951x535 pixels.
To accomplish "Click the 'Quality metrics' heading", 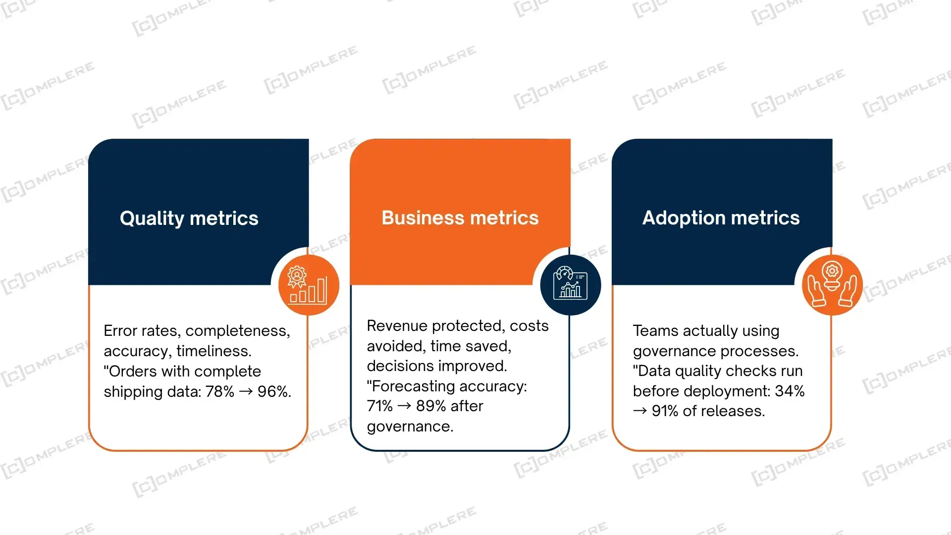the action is point(189,218).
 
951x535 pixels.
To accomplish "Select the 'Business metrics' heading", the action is point(460,218).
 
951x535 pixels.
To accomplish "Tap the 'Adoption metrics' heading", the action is point(721,218).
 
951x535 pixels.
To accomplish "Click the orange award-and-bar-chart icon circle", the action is point(309,285).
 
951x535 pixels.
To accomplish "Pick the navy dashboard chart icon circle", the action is point(570,285).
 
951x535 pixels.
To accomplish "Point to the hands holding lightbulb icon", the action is point(832,285).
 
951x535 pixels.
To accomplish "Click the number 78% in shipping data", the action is point(220,392).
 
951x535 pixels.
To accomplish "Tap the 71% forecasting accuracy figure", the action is point(380,406).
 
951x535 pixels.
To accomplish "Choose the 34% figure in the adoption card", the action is point(790,391).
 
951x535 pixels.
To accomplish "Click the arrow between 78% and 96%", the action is point(246,392).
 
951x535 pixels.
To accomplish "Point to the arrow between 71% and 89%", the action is point(405,406).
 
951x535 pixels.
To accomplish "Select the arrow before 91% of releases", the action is point(640,411).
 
